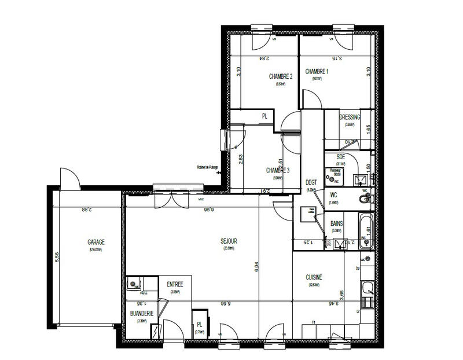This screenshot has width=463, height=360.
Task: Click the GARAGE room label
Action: pyautogui.click(x=96, y=243)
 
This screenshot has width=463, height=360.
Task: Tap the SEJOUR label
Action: pyautogui.click(x=229, y=241)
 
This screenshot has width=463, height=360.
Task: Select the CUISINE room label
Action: pyautogui.click(x=314, y=278)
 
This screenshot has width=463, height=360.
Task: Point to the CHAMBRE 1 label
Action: pyautogui.click(x=321, y=71)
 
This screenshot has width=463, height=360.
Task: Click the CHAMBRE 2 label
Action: pyautogui.click(x=281, y=76)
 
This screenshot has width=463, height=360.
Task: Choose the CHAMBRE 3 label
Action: pyautogui.click(x=278, y=170)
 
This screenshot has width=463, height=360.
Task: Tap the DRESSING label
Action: pyautogui.click(x=350, y=117)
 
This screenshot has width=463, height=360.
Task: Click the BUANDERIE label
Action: pyautogui.click(x=142, y=313)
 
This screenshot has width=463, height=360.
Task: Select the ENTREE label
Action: pyautogui.click(x=175, y=284)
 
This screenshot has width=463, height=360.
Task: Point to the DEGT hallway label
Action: pyautogui.click(x=311, y=182)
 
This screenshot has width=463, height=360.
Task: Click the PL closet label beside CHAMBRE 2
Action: pyautogui.click(x=264, y=116)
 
